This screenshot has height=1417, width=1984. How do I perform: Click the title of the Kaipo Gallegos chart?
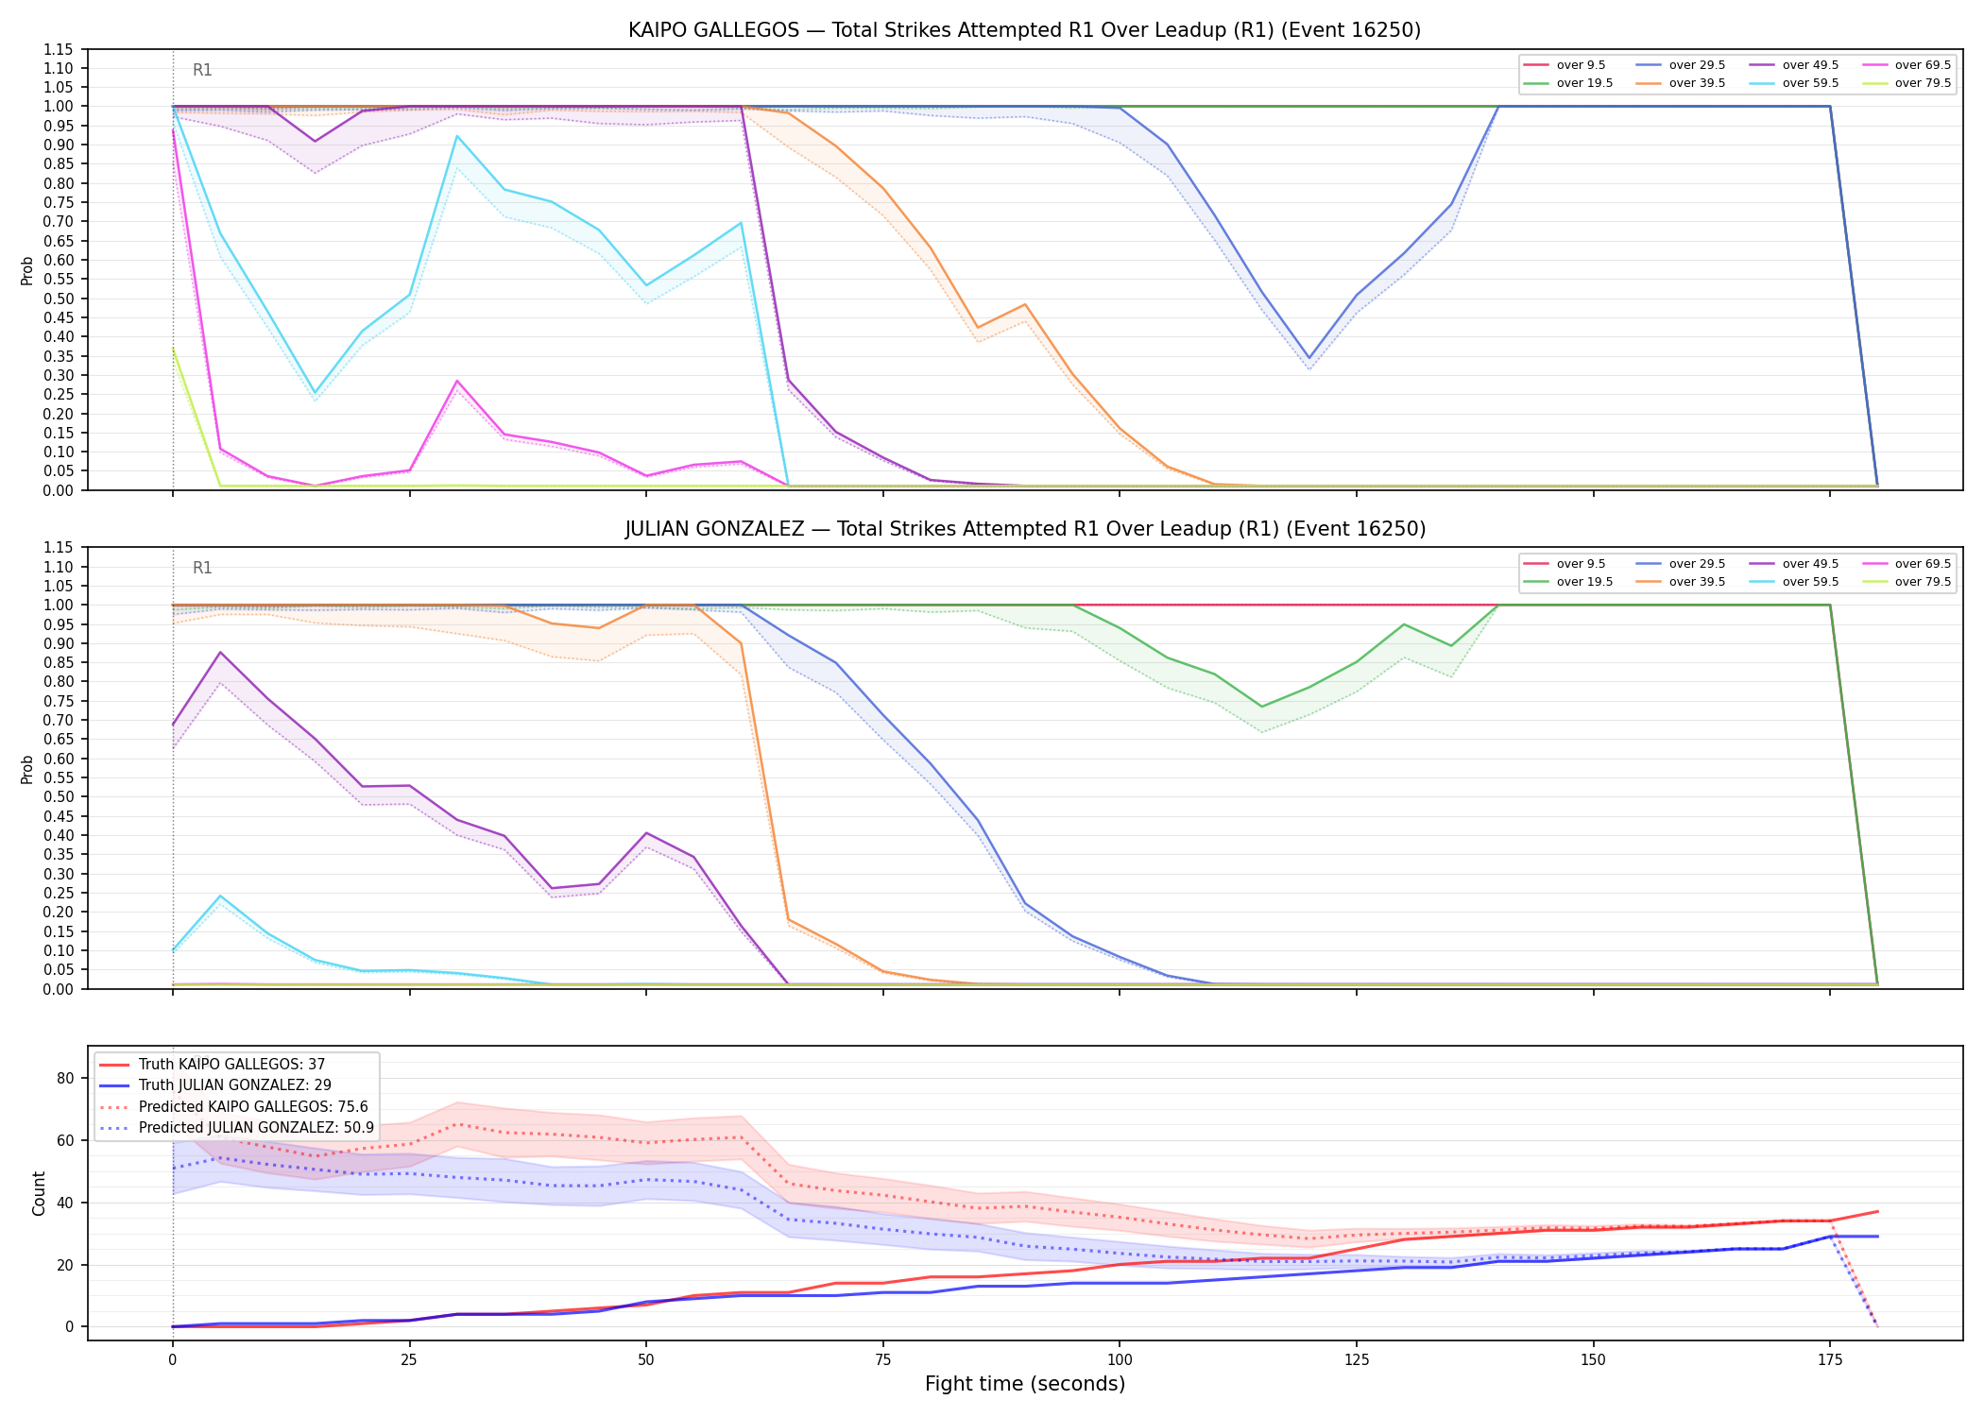[x=1024, y=30]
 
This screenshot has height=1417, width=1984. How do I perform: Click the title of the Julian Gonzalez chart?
[x=1025, y=529]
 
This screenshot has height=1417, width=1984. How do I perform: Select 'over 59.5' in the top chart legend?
[x=1810, y=83]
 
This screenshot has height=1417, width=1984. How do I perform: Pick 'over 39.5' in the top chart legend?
[x=1697, y=83]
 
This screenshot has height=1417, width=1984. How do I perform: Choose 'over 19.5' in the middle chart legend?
[x=1584, y=582]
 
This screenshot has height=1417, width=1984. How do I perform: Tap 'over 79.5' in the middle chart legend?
[x=1923, y=582]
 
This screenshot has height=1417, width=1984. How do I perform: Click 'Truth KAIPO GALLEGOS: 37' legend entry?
[x=231, y=1065]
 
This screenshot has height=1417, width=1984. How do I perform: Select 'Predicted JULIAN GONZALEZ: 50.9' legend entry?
[x=256, y=1128]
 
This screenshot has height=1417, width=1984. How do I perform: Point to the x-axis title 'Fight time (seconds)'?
[x=1025, y=1384]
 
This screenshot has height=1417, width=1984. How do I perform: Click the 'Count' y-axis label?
[x=39, y=1193]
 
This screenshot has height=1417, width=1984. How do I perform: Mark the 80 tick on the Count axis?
[x=66, y=1078]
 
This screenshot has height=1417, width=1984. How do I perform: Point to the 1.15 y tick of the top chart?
[x=59, y=49]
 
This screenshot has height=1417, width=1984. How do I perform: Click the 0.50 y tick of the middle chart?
[x=59, y=796]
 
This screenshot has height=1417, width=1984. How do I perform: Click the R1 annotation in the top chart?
[x=202, y=70]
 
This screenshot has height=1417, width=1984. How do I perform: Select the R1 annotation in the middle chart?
[x=202, y=568]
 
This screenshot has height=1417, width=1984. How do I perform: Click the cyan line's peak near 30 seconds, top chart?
[x=457, y=136]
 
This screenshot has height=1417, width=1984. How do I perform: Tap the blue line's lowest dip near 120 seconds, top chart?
[x=1308, y=358]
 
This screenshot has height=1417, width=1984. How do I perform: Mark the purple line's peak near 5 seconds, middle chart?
[x=220, y=652]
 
